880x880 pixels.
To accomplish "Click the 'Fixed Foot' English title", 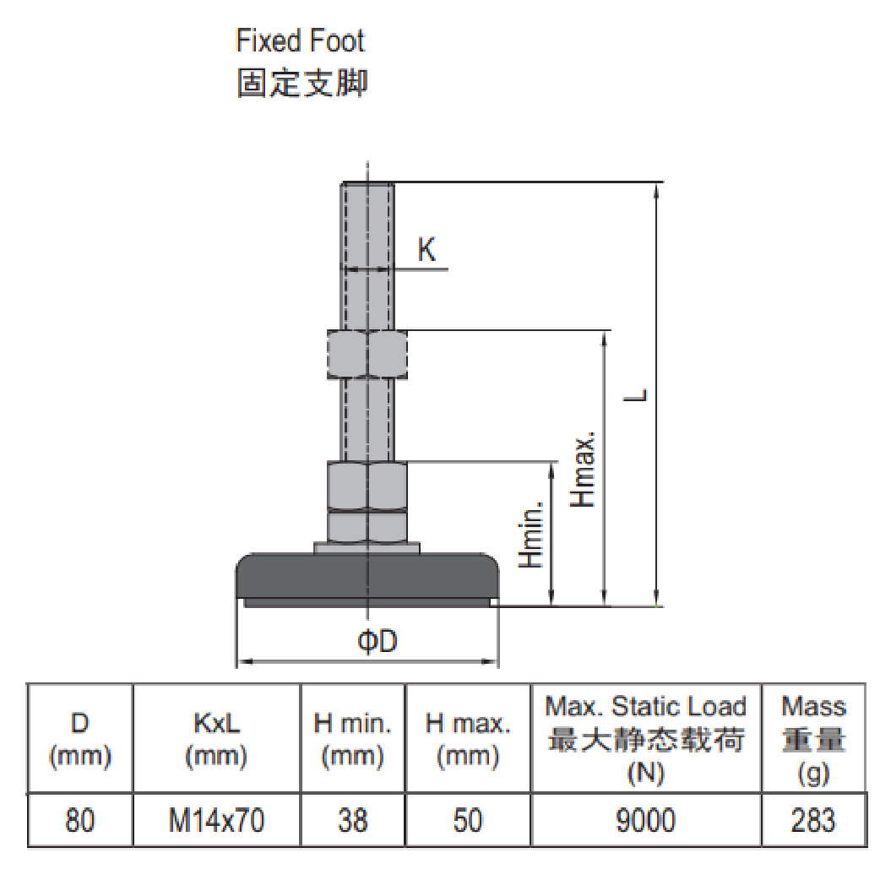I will [x=300, y=41].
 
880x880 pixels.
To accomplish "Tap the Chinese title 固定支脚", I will [x=301, y=84].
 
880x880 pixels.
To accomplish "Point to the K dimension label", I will [x=427, y=250].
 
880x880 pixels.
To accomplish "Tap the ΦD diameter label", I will [x=377, y=642].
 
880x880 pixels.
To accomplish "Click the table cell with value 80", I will [x=80, y=820].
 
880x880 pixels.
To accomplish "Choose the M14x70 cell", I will [x=216, y=820].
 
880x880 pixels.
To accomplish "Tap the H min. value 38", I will [x=352, y=820].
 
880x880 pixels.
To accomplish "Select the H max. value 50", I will [x=467, y=820].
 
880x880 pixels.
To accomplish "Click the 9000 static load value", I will [x=646, y=820].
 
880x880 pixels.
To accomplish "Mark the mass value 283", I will [x=813, y=820].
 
